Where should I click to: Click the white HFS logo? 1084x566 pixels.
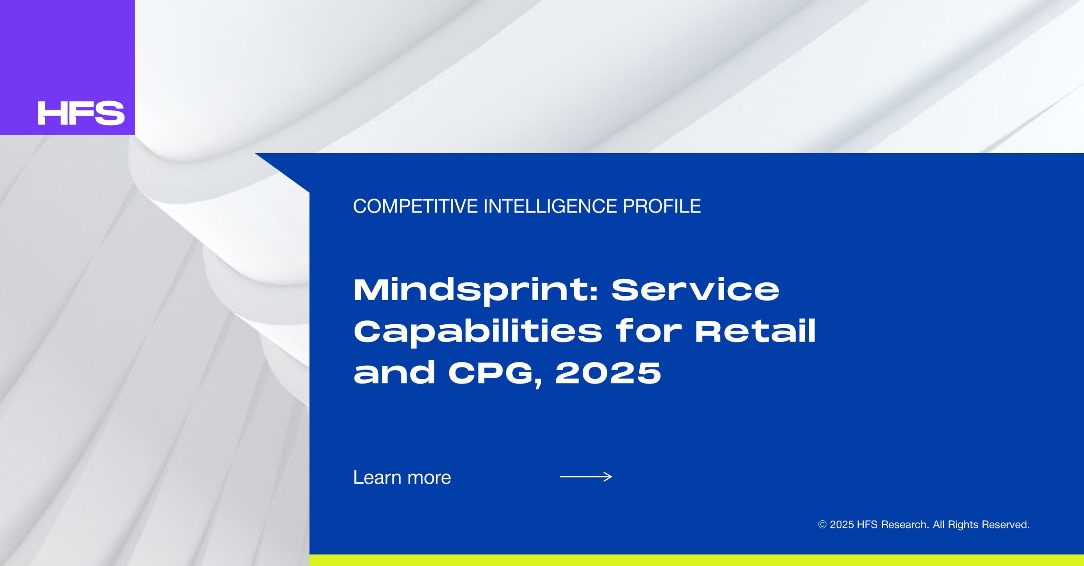coord(81,113)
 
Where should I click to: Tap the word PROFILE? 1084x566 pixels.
coord(662,207)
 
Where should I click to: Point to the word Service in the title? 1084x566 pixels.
coord(695,290)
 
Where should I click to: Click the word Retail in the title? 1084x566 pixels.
coord(755,331)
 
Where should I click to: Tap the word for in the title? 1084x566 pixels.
coord(649,331)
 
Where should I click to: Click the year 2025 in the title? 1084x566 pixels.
coord(608,373)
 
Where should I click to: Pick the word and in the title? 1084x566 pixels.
coord(394,372)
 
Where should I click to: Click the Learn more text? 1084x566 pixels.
coord(402,478)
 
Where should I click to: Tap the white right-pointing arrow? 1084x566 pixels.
coord(586,477)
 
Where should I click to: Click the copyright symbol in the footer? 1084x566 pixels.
coord(822,525)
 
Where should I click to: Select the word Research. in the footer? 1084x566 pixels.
coord(905,525)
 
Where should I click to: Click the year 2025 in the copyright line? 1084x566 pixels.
coord(842,525)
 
